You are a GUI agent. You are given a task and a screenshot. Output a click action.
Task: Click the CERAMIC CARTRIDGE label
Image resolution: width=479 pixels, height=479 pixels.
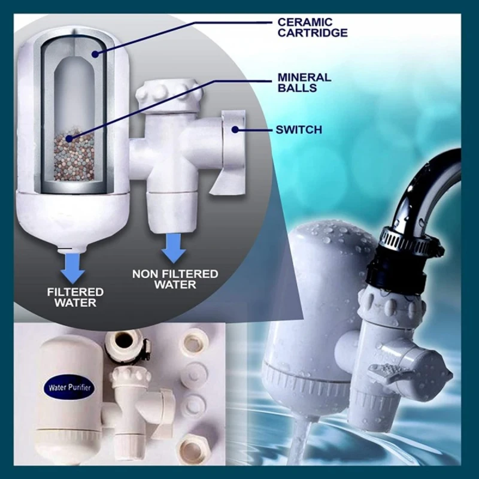311,28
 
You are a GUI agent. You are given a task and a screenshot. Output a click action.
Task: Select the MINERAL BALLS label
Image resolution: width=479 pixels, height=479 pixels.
304,83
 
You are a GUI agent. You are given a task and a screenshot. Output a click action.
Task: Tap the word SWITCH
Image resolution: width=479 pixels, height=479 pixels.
298,129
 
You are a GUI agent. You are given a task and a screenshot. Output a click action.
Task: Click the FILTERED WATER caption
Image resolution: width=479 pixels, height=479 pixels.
76,297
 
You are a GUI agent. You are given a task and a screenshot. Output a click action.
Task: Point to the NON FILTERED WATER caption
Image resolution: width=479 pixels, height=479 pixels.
175,279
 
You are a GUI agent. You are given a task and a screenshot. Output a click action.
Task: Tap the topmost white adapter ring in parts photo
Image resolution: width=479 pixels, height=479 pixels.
196,341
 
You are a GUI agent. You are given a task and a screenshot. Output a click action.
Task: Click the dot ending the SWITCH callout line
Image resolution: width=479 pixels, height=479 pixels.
235,129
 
